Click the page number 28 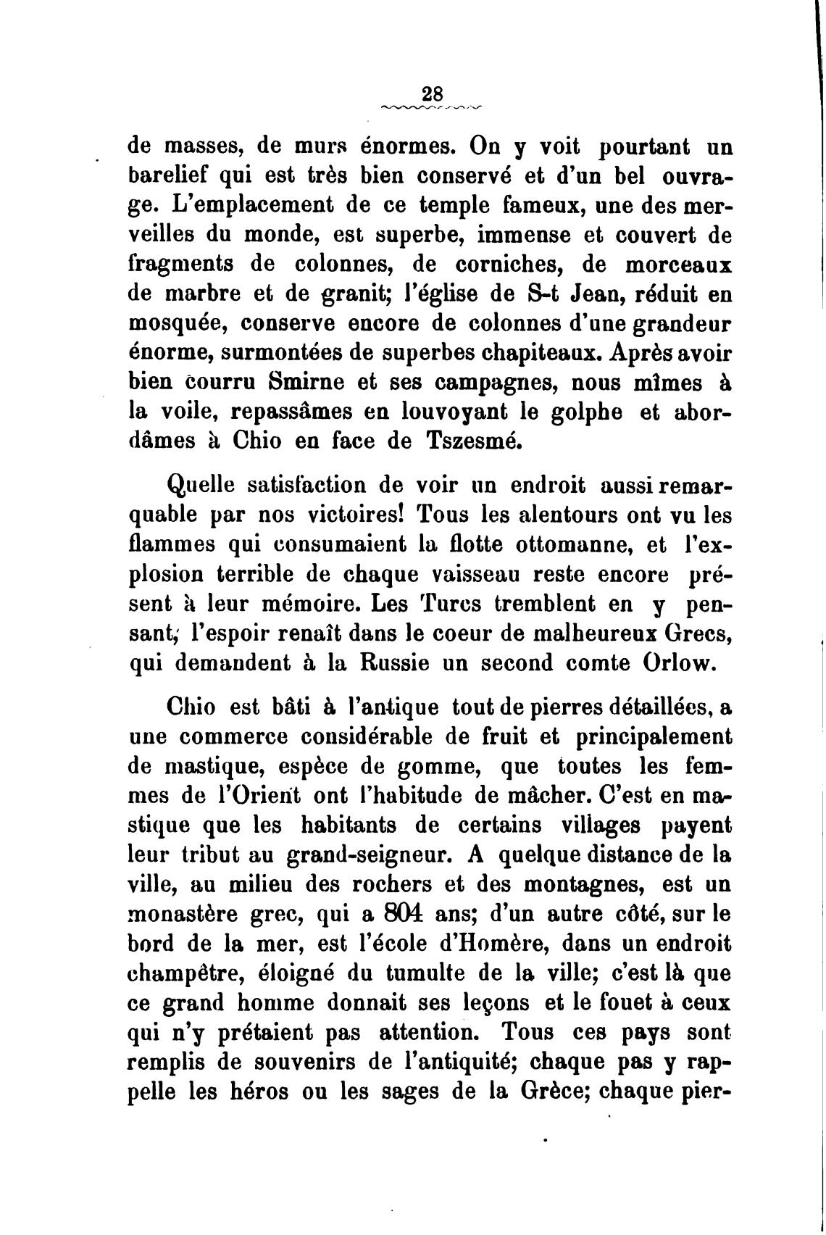click(432, 94)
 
